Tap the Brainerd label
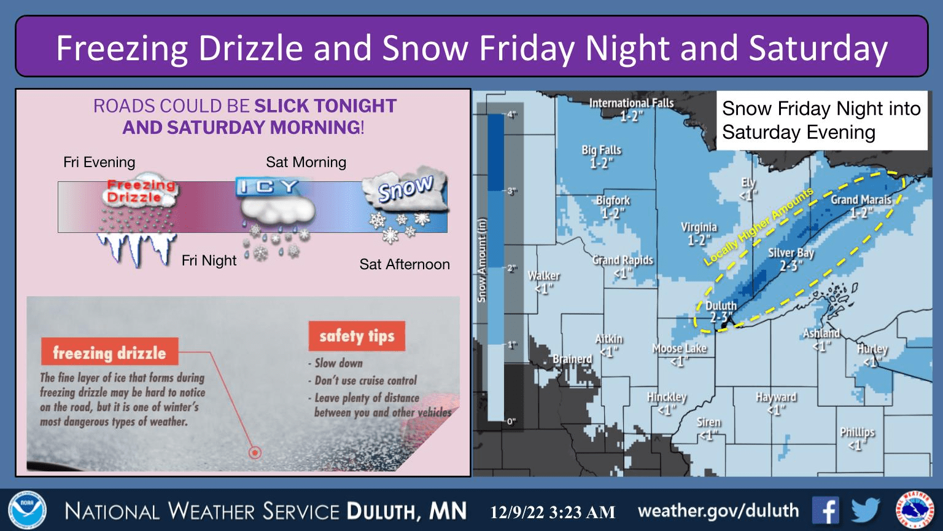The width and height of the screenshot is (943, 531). pos(572,359)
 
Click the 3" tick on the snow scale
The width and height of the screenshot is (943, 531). pos(511,192)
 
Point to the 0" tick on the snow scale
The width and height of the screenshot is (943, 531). pos(511,422)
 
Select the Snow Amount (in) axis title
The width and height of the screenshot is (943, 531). pos(482,261)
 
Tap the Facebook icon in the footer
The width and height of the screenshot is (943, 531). pos(826,511)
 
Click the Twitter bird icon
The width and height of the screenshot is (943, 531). pos(866,511)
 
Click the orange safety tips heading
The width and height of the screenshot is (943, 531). pos(357,336)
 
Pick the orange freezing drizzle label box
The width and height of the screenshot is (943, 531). pos(109,352)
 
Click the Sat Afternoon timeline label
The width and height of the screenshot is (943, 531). pos(405,264)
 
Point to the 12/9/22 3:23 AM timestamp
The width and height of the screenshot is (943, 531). pos(553,512)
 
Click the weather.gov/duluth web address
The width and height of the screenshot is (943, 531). pos(718,511)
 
